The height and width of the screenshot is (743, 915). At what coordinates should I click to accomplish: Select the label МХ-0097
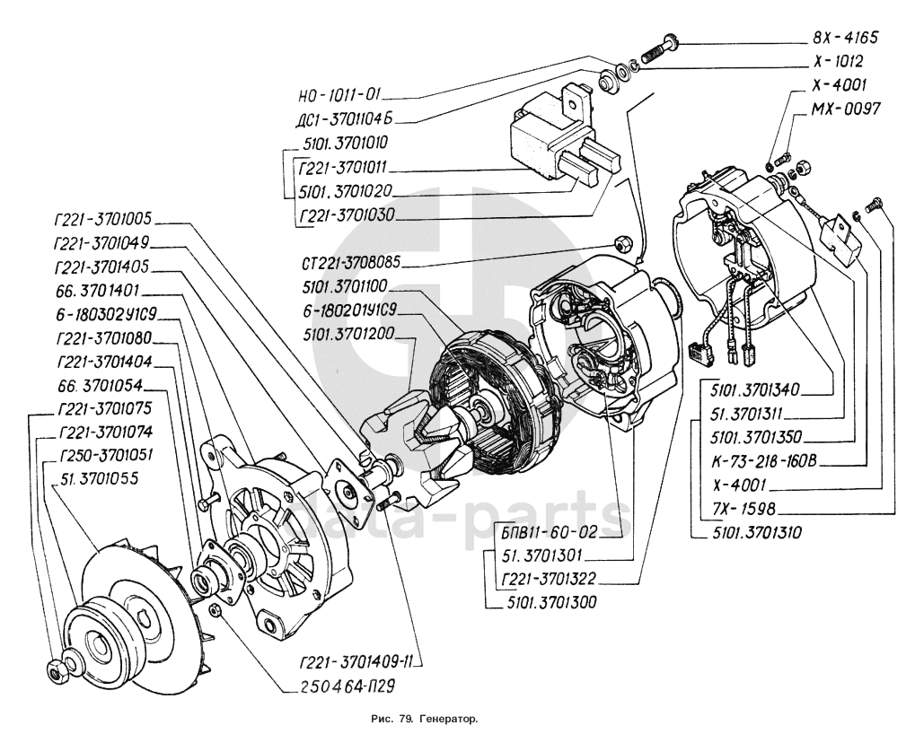click(844, 108)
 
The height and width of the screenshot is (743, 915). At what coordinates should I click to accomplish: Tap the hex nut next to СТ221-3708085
click(620, 243)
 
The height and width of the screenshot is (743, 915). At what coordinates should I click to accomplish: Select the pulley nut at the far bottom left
click(52, 669)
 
